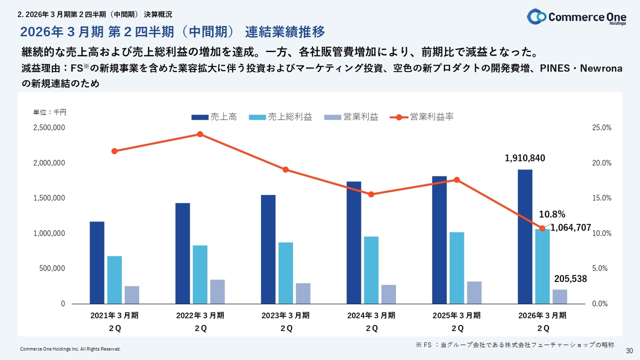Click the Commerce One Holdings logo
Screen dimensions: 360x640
click(576, 16)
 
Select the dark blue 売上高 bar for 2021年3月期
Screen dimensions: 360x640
click(97, 262)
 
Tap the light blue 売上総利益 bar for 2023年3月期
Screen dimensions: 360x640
click(286, 273)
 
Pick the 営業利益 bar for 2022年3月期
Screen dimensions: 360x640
click(217, 291)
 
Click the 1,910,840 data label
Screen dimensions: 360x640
click(525, 158)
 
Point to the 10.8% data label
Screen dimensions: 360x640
click(552, 214)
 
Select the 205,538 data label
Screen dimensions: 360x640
click(570, 279)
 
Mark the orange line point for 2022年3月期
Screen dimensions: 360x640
click(200, 134)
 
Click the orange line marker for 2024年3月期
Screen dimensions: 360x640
click(371, 194)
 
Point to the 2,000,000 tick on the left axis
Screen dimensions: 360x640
click(49, 163)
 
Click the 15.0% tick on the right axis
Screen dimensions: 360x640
click(602, 198)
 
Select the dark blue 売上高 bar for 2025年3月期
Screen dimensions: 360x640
click(439, 240)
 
